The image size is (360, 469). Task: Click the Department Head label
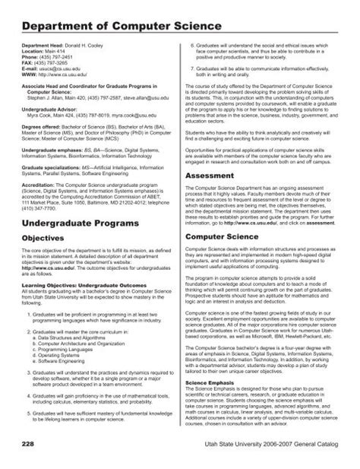[46, 46]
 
